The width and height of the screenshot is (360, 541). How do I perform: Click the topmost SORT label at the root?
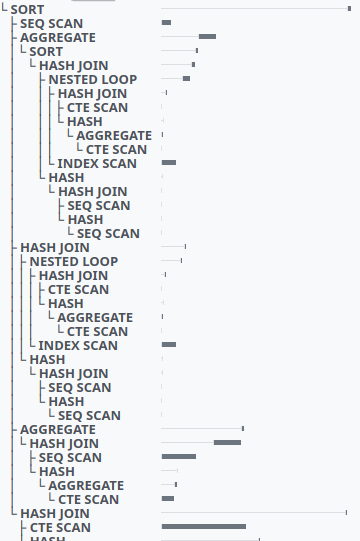tap(26, 9)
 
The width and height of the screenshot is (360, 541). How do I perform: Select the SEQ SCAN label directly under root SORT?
tap(52, 23)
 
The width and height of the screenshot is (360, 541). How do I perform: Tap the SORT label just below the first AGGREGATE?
tap(46, 51)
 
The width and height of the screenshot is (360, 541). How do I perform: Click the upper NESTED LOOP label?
tap(93, 79)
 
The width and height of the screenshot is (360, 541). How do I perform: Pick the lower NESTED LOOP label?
tap(74, 261)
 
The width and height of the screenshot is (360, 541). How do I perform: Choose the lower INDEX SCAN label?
tap(78, 345)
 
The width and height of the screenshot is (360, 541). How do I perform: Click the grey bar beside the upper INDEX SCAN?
tap(169, 162)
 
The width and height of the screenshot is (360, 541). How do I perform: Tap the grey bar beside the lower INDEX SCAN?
tap(169, 344)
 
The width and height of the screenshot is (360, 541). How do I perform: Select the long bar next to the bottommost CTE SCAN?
tap(204, 526)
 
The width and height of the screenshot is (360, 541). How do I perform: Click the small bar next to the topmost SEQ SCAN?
tap(166, 22)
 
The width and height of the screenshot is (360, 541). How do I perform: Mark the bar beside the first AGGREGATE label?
tap(207, 36)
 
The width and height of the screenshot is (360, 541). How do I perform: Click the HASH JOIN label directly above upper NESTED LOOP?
tap(74, 65)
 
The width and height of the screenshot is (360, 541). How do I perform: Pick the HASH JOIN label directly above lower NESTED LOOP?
tap(55, 247)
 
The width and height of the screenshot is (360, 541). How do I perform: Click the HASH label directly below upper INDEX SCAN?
tap(66, 177)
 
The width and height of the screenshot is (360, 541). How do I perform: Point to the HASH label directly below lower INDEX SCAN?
tap(47, 359)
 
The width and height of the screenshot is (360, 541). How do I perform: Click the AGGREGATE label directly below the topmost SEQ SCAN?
tap(58, 37)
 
